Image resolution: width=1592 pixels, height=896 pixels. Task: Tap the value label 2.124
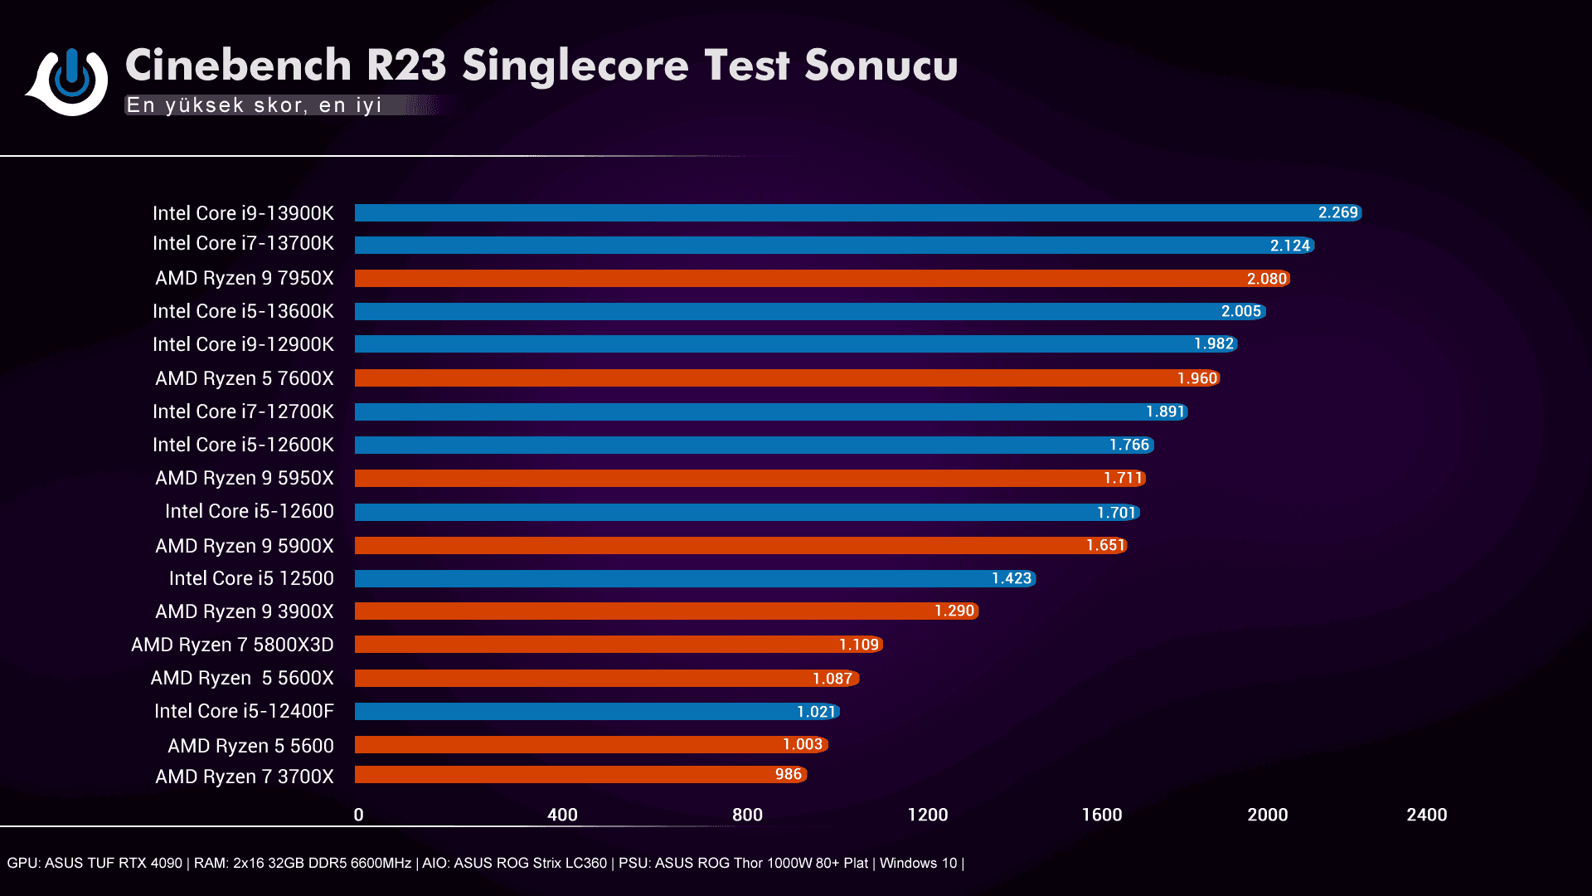[1290, 246]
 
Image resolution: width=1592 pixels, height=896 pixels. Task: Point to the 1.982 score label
[1214, 343]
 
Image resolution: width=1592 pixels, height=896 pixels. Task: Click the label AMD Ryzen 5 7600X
[245, 378]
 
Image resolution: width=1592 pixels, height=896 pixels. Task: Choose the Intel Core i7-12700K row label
[243, 411]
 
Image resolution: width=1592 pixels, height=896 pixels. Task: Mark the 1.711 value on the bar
[1123, 478]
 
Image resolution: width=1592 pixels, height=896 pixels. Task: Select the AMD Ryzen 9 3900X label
[245, 611]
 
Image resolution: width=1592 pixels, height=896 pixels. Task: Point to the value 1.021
[816, 712]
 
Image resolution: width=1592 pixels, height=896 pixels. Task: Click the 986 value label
[788, 774]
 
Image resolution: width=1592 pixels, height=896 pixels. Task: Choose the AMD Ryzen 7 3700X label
[245, 777]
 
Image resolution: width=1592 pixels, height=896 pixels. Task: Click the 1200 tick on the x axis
[927, 815]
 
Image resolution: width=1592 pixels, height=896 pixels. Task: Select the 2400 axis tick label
[1426, 815]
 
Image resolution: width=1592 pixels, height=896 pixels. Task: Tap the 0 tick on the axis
[358, 815]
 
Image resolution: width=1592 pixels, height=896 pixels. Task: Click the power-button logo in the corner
[70, 80]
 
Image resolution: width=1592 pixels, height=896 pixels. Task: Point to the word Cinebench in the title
[239, 65]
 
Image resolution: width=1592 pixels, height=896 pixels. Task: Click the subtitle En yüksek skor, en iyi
[254, 105]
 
